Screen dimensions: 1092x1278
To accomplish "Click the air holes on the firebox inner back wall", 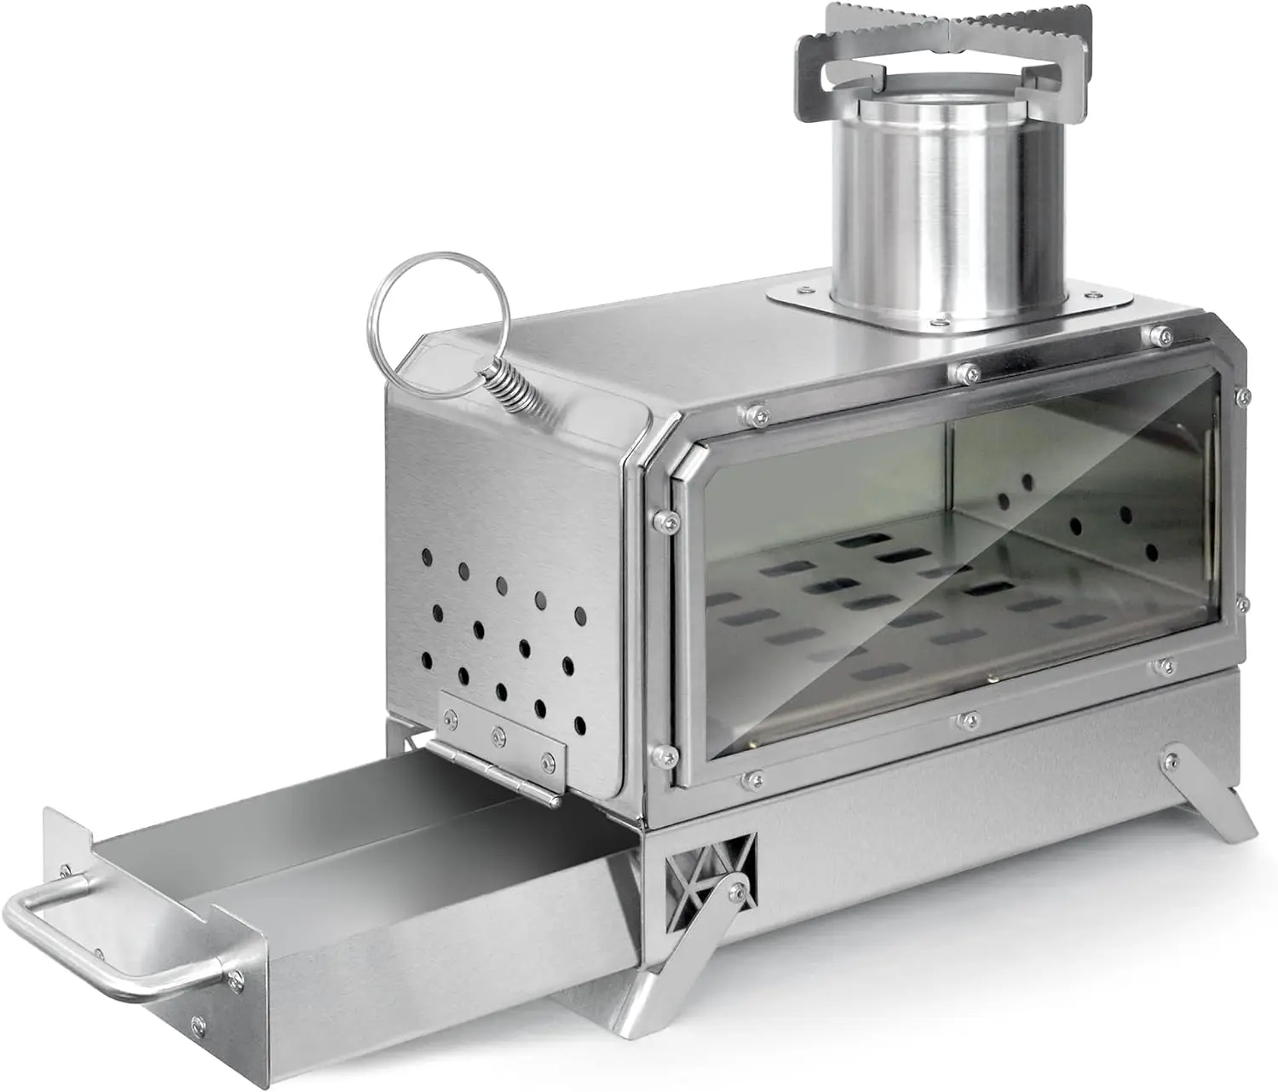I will (1099, 520).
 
